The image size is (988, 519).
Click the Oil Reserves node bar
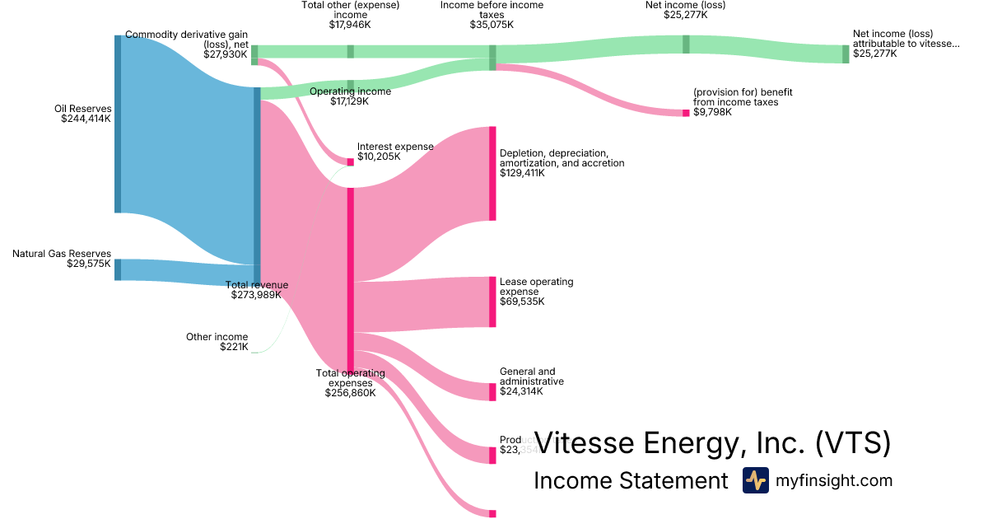(x=118, y=124)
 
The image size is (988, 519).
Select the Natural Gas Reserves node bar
(x=118, y=269)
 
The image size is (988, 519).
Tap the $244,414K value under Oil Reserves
(x=86, y=119)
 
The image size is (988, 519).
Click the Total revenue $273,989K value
(x=256, y=295)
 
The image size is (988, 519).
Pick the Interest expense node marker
(x=350, y=162)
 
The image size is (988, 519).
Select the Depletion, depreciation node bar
(x=492, y=173)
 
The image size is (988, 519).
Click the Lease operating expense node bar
(x=492, y=302)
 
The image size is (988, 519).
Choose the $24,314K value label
(x=521, y=391)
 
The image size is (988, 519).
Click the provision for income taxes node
(x=686, y=113)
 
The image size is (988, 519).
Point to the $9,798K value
(x=712, y=112)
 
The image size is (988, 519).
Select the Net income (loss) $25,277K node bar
(x=686, y=44)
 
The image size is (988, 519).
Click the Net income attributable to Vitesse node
(x=846, y=54)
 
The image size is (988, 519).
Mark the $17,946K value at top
(x=350, y=25)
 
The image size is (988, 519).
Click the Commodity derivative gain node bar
(x=254, y=54)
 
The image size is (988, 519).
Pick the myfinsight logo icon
(x=755, y=480)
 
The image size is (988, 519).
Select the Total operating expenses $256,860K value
(x=350, y=393)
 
